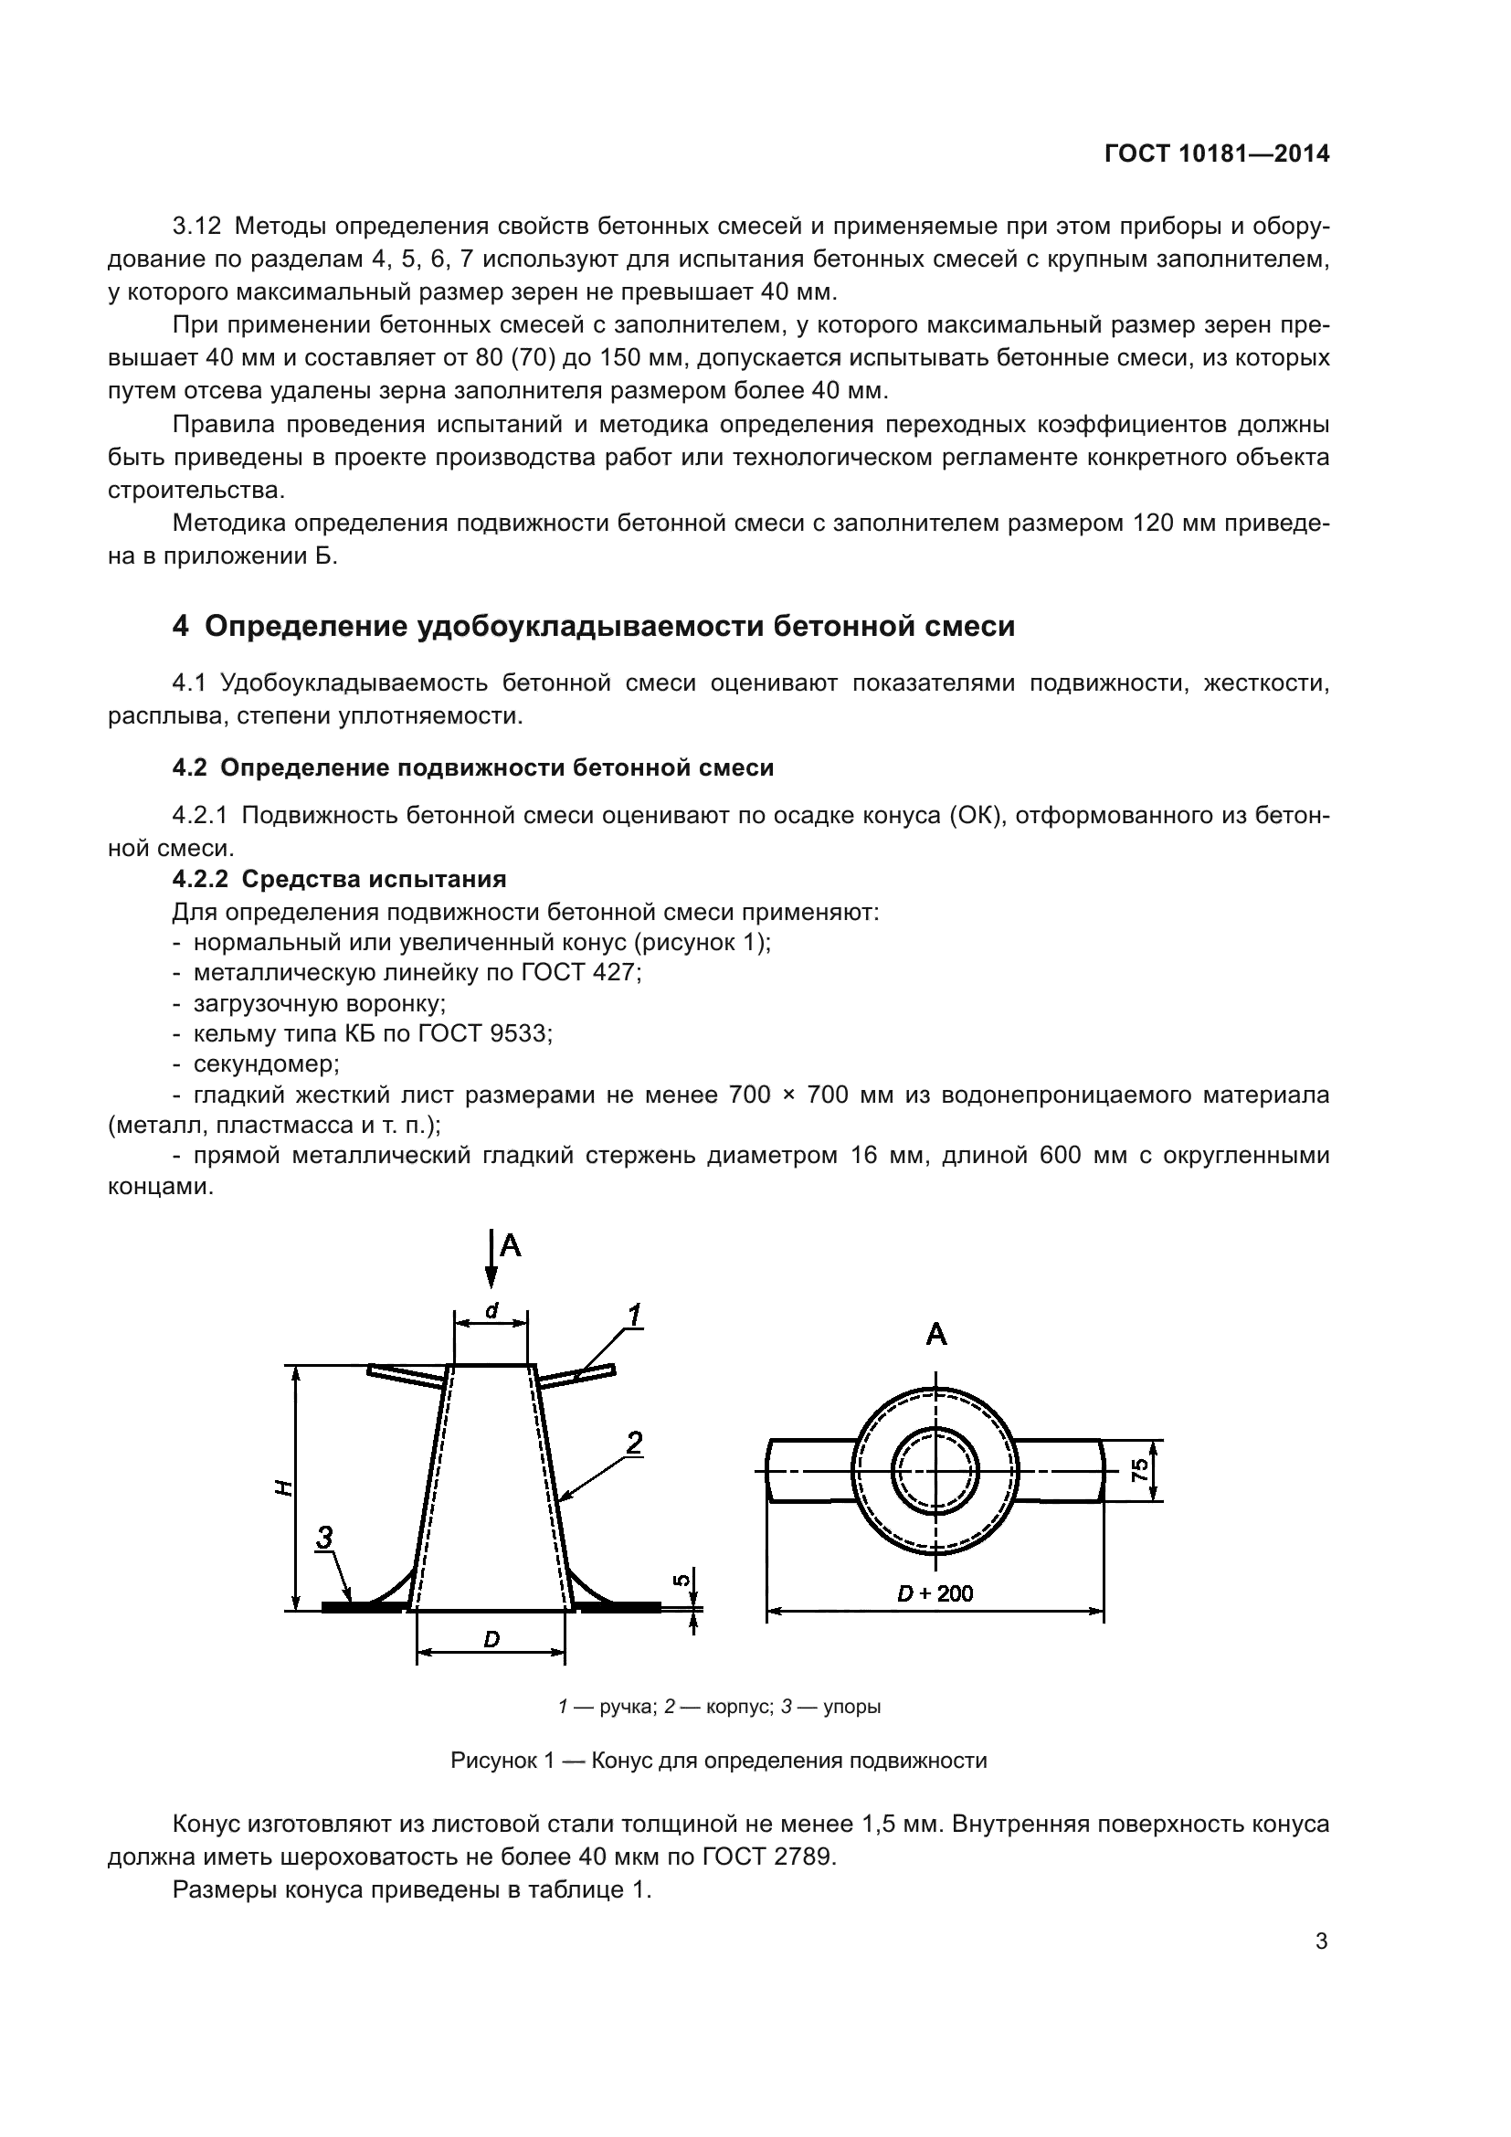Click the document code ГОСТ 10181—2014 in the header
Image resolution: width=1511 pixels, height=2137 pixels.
tap(1216, 153)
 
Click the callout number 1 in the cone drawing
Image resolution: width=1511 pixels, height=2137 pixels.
tap(634, 1316)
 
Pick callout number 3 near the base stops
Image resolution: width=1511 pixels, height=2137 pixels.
tap(323, 1537)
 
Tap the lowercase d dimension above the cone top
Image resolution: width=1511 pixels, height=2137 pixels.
tap(491, 1309)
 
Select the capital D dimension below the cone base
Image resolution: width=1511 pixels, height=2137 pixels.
tap(491, 1639)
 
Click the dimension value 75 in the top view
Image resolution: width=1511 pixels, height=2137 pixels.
tap(1139, 1471)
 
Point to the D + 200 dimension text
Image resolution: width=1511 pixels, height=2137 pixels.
tap(935, 1593)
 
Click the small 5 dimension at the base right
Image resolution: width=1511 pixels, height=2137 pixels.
tap(682, 1579)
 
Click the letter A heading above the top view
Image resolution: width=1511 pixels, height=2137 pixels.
tap(936, 1336)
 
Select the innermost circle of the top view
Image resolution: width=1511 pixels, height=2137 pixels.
tap(936, 1472)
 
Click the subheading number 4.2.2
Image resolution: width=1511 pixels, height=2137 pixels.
tap(200, 879)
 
